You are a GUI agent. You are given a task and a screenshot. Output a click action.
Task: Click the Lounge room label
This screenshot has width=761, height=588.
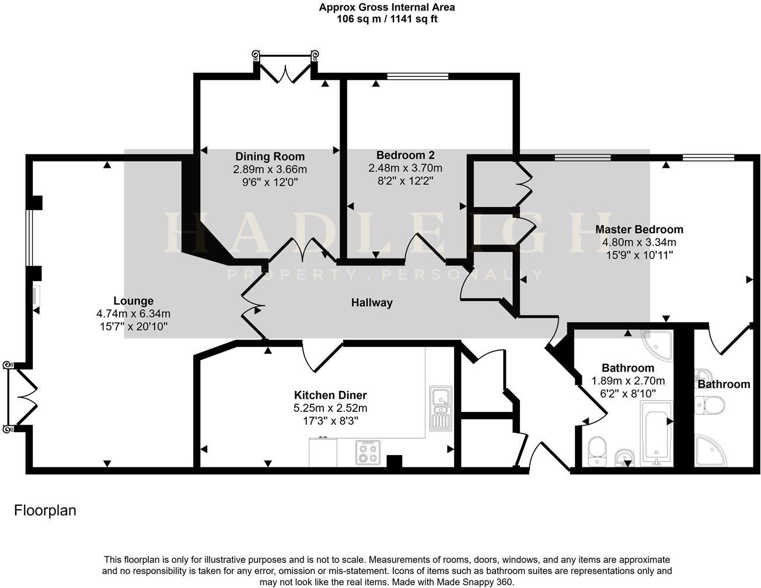pos(134,301)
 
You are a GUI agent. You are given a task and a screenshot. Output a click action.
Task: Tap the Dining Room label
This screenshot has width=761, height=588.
pos(270,156)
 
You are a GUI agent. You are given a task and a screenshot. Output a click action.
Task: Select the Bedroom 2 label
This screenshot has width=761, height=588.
pos(405,155)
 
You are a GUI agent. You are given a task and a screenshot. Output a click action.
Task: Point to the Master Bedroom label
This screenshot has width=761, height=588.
pos(639,229)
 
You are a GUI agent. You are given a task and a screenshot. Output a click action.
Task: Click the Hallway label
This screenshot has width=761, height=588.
pos(372,303)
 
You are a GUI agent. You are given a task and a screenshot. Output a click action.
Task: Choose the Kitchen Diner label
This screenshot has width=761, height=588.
pos(330,395)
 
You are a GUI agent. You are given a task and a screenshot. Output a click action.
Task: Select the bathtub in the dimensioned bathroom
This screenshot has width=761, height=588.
pos(657,432)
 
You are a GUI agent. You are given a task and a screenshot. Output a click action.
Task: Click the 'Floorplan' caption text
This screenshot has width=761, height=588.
pos(45,510)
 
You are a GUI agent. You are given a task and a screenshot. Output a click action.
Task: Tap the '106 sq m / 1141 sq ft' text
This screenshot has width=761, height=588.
pos(387,19)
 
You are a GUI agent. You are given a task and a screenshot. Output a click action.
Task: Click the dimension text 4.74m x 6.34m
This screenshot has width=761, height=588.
pos(134,314)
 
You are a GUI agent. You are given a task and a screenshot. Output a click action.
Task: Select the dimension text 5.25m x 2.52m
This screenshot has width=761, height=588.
pos(330,408)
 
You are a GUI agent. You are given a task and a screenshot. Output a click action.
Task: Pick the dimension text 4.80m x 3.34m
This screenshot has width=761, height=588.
pos(639,242)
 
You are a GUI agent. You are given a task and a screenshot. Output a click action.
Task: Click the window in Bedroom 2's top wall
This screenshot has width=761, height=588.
pos(418,76)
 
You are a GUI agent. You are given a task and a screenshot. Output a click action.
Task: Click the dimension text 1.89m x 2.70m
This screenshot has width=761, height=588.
pos(628,381)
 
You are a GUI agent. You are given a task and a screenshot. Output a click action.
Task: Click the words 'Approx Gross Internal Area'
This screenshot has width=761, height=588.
pos(387,8)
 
